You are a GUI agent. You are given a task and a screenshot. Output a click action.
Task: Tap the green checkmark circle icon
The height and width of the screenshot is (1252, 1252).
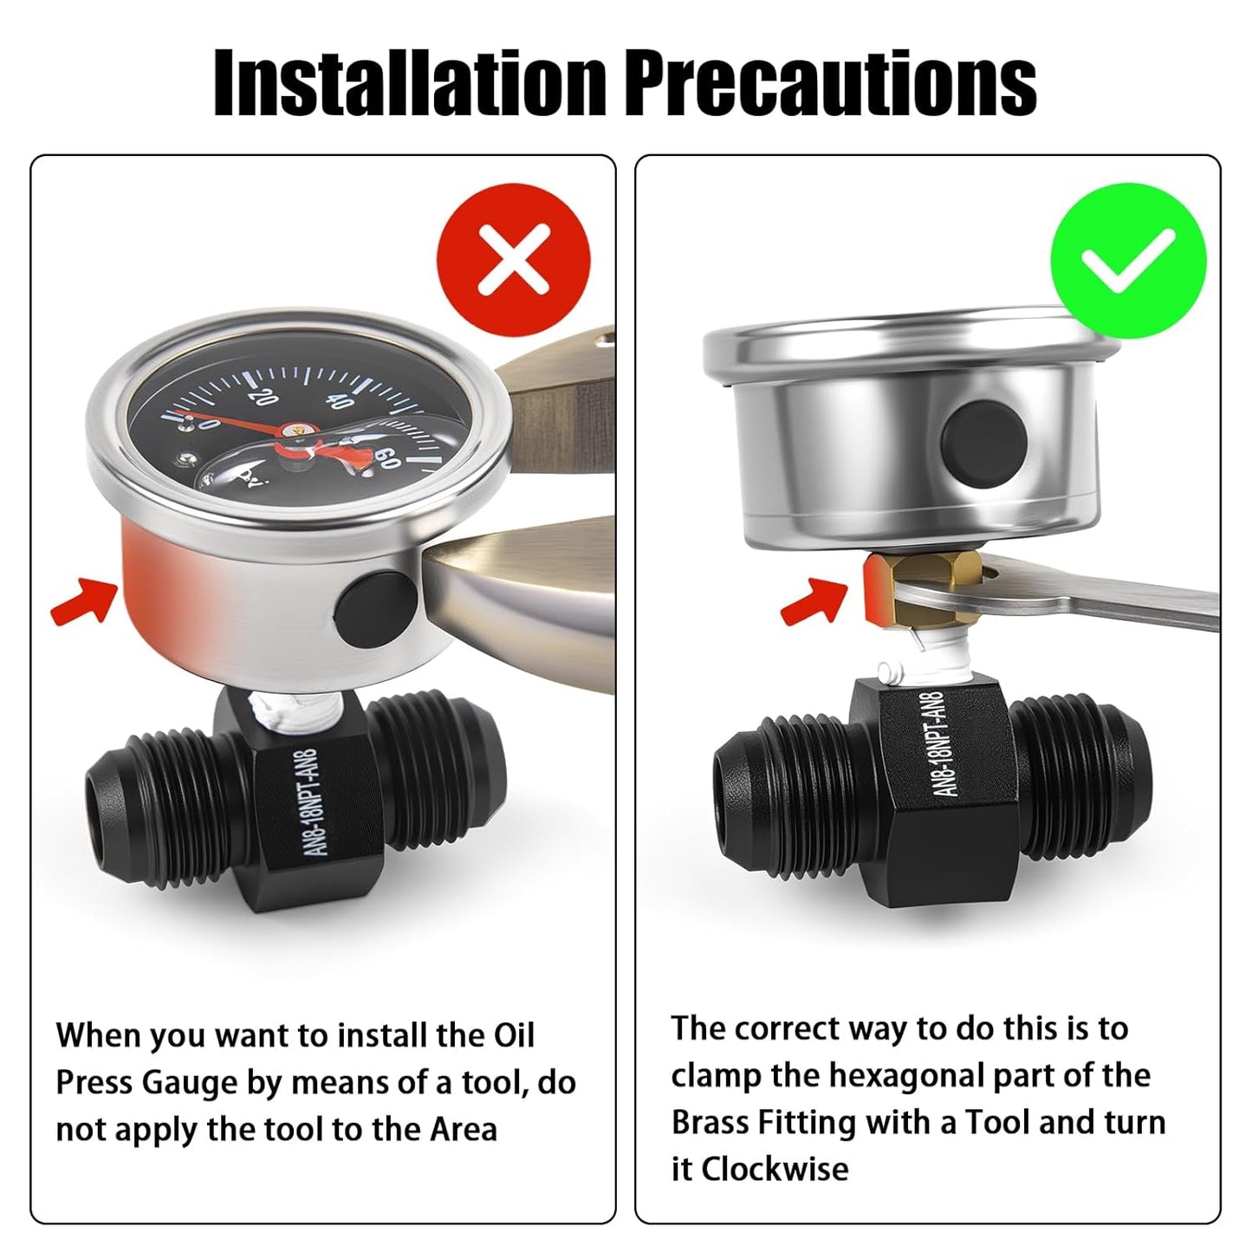[x=1128, y=261]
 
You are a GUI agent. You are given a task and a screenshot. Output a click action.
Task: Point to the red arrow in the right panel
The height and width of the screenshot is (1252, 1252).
[x=813, y=602]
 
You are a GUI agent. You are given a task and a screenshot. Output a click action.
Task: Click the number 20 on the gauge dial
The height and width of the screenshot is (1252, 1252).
[x=263, y=397]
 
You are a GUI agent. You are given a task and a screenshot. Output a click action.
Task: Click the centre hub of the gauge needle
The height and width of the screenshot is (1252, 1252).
[x=288, y=429]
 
